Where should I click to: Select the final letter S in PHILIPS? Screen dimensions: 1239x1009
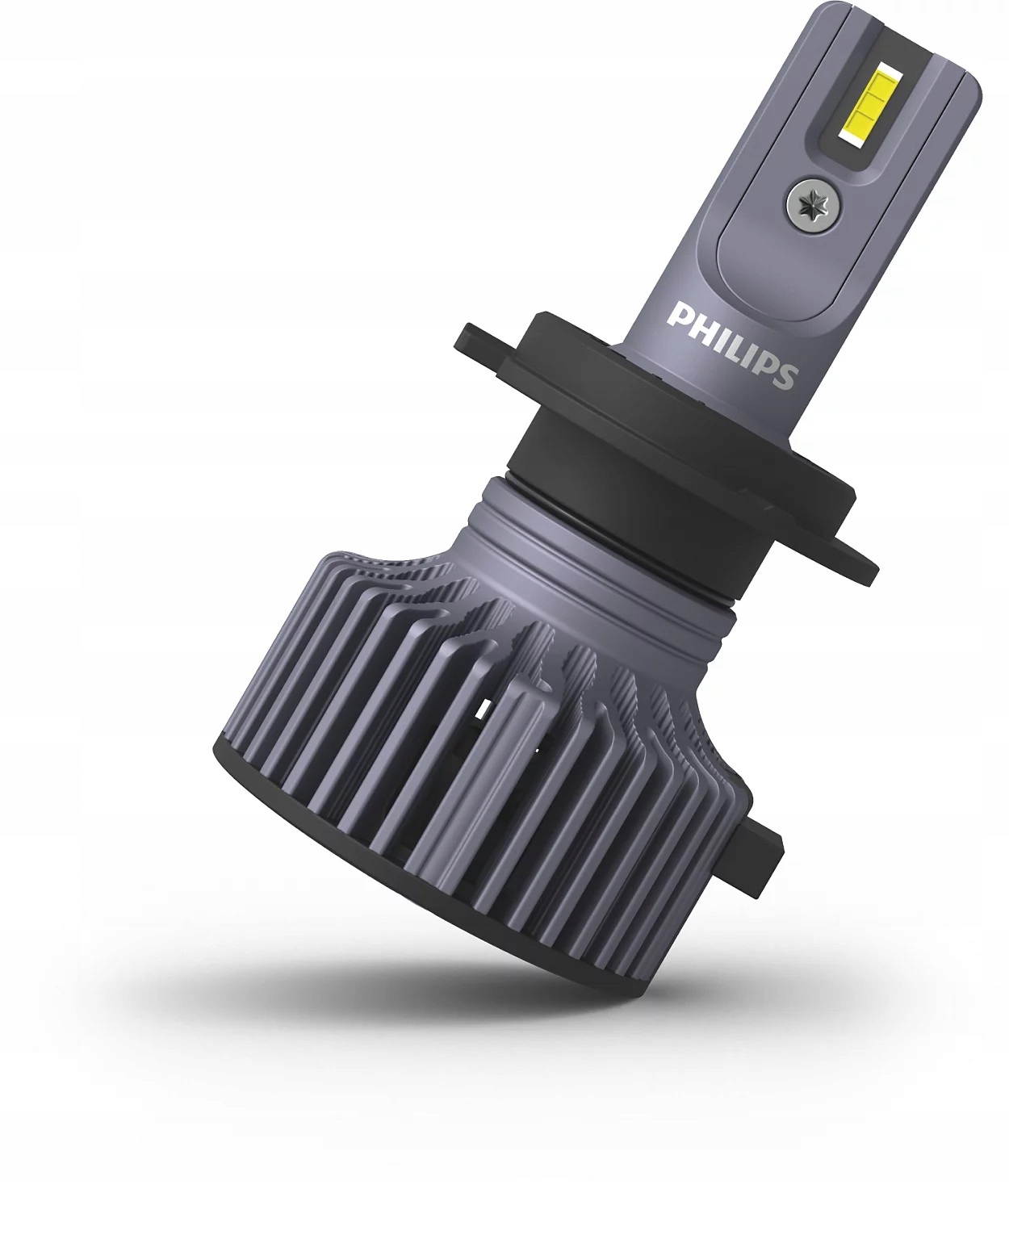tap(785, 376)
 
